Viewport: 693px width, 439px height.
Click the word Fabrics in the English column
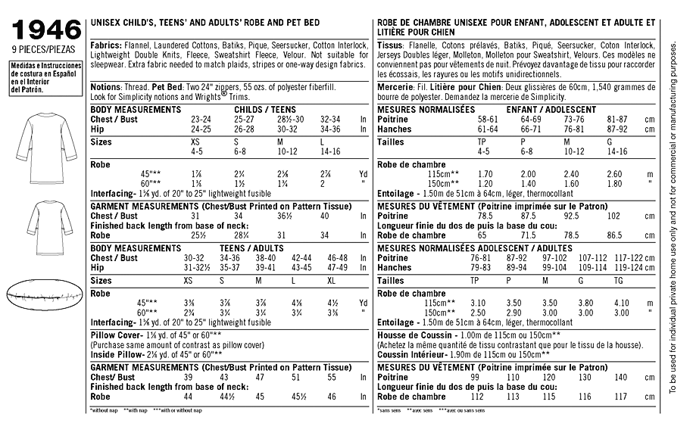(105, 45)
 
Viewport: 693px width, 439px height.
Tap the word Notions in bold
(105, 87)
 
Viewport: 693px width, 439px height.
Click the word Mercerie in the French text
(395, 87)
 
